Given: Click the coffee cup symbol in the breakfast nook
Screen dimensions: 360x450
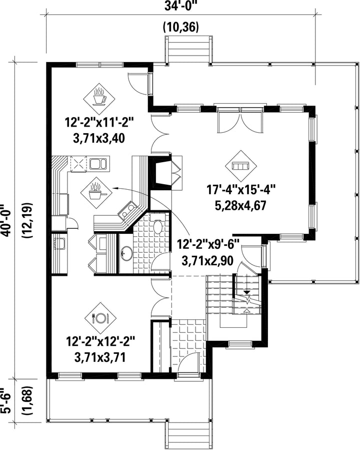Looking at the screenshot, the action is pos(99,97).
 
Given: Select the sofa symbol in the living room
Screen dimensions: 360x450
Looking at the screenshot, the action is pos(241,166).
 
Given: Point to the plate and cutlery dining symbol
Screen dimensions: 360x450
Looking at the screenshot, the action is pos(100,318).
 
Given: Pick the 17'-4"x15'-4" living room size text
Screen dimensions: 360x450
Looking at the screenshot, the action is pos(241,191).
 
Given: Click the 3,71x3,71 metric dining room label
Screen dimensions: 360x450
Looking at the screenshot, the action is pos(99,357).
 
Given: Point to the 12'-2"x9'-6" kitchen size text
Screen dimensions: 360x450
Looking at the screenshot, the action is pos(208,245).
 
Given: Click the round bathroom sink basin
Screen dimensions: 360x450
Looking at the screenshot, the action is pos(125,253).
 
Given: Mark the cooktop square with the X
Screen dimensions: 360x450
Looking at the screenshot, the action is pos(78,164).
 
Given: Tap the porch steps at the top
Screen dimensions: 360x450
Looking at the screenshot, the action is pos(188,50).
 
